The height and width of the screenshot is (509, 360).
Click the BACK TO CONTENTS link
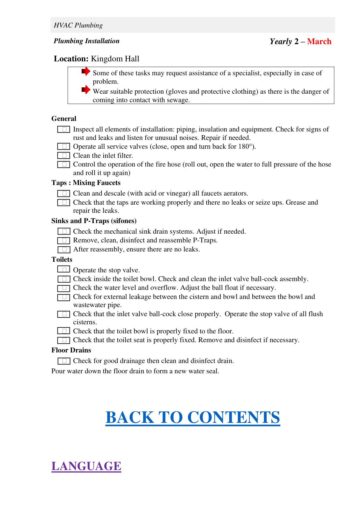pos(193,417)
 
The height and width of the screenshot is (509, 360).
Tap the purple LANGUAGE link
pos(86,466)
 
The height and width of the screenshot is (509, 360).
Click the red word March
pos(319,41)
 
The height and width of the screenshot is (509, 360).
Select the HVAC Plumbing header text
pos(78,25)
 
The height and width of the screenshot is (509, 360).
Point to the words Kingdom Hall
pos(115,59)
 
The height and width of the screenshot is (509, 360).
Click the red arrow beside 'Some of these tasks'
pos(86,72)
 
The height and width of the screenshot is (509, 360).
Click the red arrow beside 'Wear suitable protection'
pos(86,90)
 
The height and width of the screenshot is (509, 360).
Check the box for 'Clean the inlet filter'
pos(64,155)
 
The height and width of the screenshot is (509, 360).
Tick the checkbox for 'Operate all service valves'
pos(64,146)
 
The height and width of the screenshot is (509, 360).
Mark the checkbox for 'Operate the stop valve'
pos(64,269)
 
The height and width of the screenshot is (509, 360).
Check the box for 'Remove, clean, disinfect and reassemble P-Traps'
pos(64,240)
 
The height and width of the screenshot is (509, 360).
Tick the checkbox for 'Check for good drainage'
pos(64,361)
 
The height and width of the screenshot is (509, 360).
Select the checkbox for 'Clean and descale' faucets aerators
pos(64,193)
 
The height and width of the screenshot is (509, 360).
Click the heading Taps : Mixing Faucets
pos(86,183)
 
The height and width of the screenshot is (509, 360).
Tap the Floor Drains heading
pos(71,350)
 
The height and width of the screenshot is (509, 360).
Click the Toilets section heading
pos(62,259)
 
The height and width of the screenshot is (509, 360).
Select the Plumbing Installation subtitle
pos(86,41)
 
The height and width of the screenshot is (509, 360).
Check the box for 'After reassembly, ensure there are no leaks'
pos(64,249)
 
